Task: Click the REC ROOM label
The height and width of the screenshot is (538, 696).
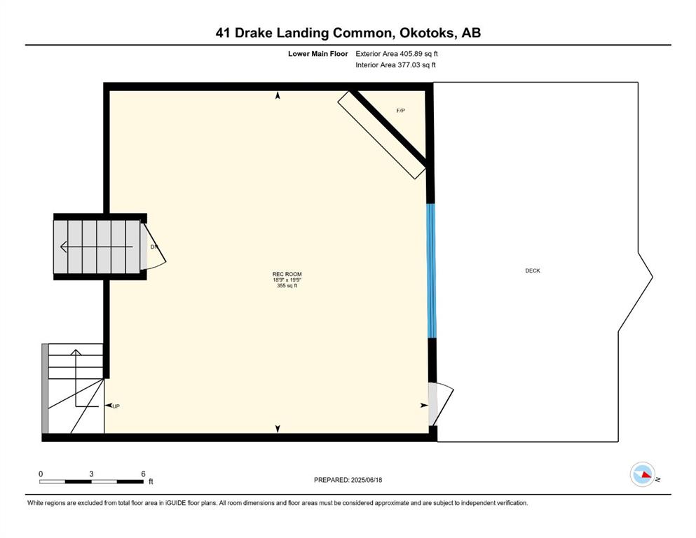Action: tap(287, 274)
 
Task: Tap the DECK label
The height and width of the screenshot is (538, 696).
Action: tap(532, 270)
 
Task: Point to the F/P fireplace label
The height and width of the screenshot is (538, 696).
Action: tap(400, 111)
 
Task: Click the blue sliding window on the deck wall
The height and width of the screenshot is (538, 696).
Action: tap(431, 270)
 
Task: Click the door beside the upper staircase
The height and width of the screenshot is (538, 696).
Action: tap(153, 246)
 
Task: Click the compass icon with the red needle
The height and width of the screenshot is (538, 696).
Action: tap(642, 474)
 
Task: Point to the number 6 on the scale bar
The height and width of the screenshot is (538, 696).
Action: tap(143, 474)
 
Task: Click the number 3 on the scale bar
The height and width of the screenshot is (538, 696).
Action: tap(91, 474)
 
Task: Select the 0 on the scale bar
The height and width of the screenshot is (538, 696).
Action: tap(41, 474)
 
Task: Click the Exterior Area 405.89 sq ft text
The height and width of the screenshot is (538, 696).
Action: tap(397, 54)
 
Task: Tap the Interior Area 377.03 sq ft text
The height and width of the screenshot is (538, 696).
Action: tap(395, 64)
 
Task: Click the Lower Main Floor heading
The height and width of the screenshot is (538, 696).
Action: tap(318, 54)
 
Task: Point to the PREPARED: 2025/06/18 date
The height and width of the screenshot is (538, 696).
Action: tap(348, 480)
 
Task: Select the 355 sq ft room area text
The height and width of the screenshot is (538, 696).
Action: tap(287, 286)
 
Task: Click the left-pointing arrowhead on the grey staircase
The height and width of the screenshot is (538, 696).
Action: tap(64, 247)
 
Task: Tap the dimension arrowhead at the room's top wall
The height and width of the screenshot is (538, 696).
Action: tap(278, 95)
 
